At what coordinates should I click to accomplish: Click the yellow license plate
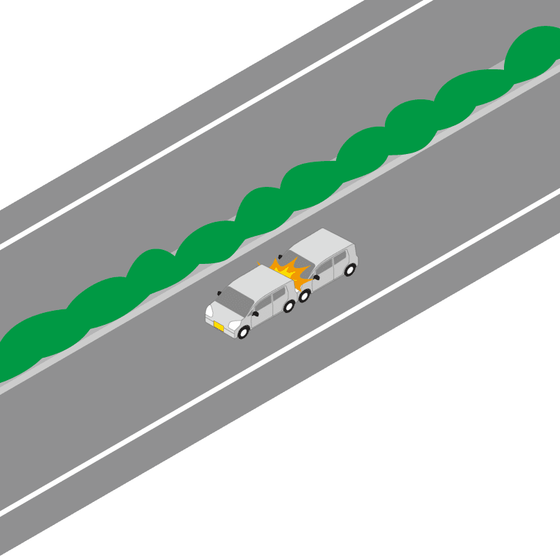[x=219, y=326]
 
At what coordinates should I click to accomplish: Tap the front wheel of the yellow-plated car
[x=243, y=332]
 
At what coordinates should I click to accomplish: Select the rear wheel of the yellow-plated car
[x=289, y=306]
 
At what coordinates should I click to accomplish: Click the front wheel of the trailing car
[x=304, y=295]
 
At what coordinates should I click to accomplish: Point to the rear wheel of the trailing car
[x=349, y=269]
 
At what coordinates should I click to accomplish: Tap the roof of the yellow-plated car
[x=260, y=279]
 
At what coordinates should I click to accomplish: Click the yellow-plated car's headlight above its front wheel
[x=234, y=325]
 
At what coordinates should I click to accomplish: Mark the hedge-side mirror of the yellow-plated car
[x=219, y=293]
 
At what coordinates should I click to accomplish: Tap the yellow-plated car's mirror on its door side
[x=255, y=314]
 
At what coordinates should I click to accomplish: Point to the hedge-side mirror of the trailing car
[x=280, y=255]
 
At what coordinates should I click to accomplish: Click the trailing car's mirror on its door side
[x=316, y=277]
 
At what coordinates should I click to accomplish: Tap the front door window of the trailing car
[x=324, y=267]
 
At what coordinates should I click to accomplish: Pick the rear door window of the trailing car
[x=341, y=257]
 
